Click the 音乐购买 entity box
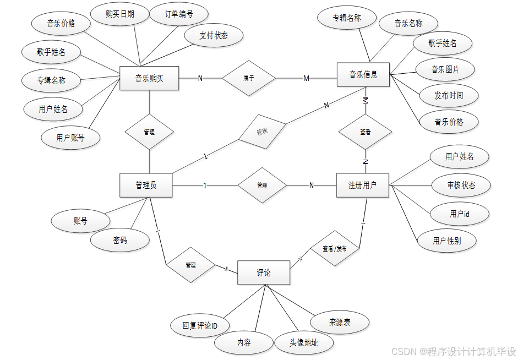tap(149, 78)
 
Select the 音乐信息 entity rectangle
tap(363, 74)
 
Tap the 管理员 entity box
tap(146, 185)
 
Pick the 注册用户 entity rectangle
tap(362, 185)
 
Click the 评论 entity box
tap(264, 272)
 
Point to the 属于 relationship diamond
tap(249, 78)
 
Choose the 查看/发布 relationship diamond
tap(335, 249)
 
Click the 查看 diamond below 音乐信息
tap(365, 132)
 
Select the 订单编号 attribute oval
tap(179, 14)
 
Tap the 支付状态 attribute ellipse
tap(213, 36)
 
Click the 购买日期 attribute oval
tap(120, 14)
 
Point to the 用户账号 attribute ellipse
tap(70, 138)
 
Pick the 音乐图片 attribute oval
tap(445, 70)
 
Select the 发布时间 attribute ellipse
tap(449, 95)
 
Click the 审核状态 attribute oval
tap(461, 186)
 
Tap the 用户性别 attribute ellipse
tap(446, 241)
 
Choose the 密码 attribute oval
tap(120, 240)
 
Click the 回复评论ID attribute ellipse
tap(200, 326)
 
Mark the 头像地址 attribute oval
tap(303, 342)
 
